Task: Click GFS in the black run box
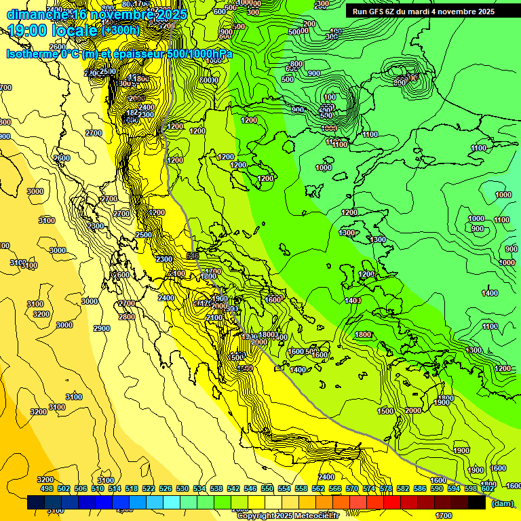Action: [x=376, y=12]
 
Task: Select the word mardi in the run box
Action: [x=422, y=12]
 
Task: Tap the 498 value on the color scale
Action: [x=47, y=488]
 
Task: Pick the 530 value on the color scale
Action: [x=182, y=488]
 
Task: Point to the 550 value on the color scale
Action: [x=267, y=488]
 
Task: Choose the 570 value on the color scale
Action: [x=352, y=488]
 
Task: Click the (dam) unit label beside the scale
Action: [x=502, y=503]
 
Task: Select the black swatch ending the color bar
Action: [x=477, y=503]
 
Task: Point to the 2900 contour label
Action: [x=101, y=328]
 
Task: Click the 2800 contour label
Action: [x=126, y=316]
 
